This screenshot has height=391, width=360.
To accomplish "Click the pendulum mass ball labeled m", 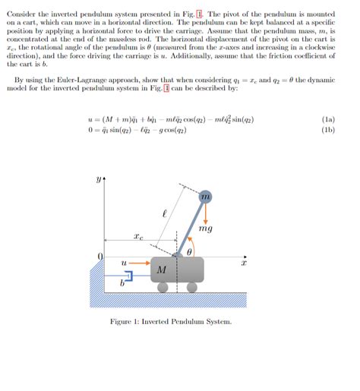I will [205, 197].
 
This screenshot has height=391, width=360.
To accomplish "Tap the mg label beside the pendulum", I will [205, 228].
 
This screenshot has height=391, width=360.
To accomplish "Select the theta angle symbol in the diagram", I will [189, 250].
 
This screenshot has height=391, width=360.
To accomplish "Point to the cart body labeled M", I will [162, 270].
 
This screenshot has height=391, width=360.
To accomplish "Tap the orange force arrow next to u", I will [138, 263].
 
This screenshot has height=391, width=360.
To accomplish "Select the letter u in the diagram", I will [123, 262].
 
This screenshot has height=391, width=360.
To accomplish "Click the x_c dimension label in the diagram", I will [137, 237].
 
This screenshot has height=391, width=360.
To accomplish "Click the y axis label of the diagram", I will [97, 180].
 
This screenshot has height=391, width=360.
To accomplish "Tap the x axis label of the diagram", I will [245, 263].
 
